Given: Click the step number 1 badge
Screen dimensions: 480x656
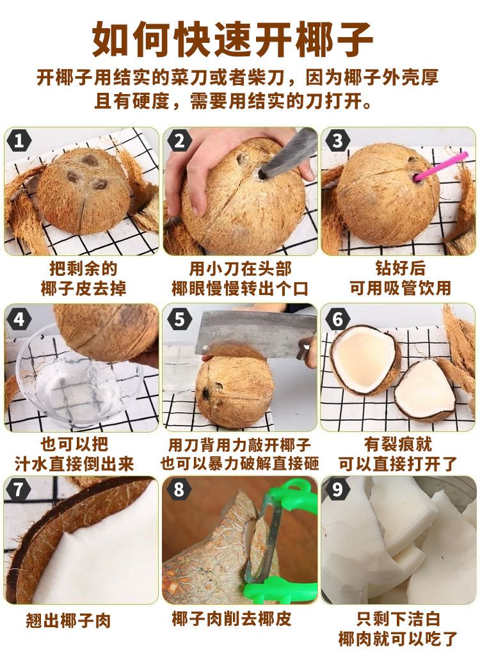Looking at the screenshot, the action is (19, 141).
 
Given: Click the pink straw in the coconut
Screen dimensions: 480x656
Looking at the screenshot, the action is (440, 166).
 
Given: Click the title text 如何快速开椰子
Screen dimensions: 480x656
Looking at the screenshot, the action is (232, 39).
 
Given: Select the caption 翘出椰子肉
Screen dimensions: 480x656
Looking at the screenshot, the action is (68, 620).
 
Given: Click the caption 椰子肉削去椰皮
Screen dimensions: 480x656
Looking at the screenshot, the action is (232, 619).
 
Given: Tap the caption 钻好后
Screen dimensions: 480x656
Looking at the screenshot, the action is (401, 268).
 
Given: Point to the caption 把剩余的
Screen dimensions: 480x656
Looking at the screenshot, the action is (83, 268).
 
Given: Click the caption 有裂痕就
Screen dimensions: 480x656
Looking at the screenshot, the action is (397, 444).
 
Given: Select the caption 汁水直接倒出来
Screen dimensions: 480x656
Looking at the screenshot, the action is (74, 464).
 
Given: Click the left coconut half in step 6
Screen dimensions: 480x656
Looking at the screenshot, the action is (365, 360).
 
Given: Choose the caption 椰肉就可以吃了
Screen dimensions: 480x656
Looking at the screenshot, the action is (397, 639).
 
